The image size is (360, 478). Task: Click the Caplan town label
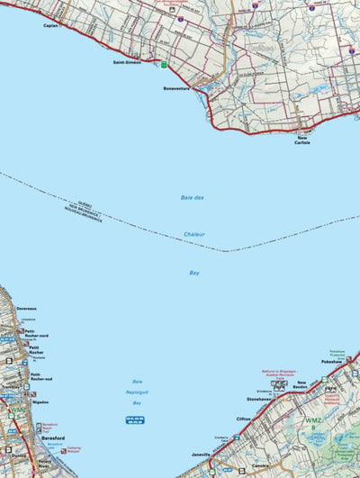50,26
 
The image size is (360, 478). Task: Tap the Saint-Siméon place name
127,63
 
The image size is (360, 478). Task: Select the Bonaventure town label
178,88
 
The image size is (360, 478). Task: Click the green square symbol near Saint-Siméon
164,64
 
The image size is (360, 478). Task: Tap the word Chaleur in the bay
194,234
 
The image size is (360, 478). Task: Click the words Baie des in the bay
193,197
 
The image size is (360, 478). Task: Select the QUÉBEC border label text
86,206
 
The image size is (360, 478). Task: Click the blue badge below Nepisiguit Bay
134,421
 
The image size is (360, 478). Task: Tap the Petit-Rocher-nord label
37,333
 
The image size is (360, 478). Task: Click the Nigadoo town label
40,403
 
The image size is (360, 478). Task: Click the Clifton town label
244,419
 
